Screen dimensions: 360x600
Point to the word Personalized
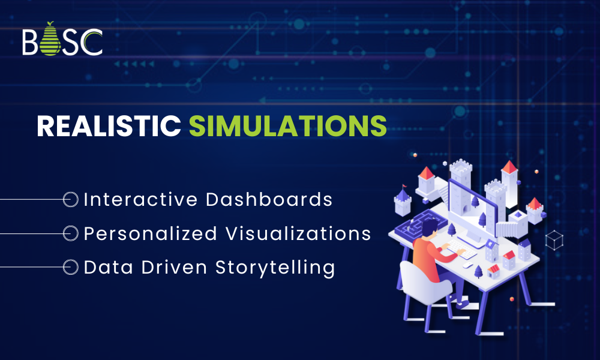(150, 233)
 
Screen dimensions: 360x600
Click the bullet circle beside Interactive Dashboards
(71, 200)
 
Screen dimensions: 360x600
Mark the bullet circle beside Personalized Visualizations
(71, 233)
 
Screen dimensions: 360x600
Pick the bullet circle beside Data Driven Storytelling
(71, 267)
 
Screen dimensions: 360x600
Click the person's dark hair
(431, 227)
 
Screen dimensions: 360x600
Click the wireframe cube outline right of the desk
(554, 241)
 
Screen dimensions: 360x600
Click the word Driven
(176, 267)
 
